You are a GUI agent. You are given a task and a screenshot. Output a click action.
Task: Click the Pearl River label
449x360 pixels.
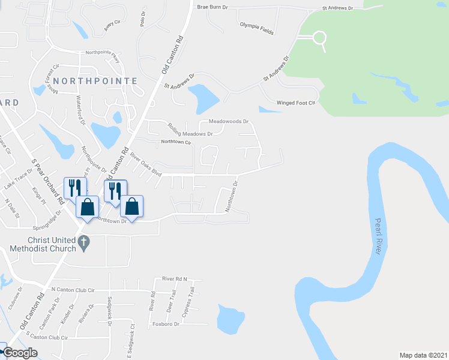click(x=378, y=236)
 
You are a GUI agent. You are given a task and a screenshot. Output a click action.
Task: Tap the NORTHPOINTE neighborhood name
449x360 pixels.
click(x=95, y=80)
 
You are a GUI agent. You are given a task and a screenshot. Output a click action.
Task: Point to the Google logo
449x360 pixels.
click(x=20, y=353)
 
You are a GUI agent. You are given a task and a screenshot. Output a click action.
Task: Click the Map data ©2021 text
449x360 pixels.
click(x=423, y=355)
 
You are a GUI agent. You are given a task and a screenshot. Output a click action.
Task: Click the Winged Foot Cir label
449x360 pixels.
click(x=295, y=103)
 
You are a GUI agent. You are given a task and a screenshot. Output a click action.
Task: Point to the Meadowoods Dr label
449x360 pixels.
click(x=228, y=121)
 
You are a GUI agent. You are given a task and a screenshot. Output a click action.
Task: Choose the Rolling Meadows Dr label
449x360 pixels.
click(x=190, y=130)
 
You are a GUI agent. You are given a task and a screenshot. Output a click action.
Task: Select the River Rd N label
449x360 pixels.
click(x=175, y=279)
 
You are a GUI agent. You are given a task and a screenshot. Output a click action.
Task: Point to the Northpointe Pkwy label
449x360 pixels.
click(x=103, y=52)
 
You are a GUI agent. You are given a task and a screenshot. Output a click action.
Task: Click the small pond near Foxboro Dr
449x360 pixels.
click(x=230, y=319)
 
